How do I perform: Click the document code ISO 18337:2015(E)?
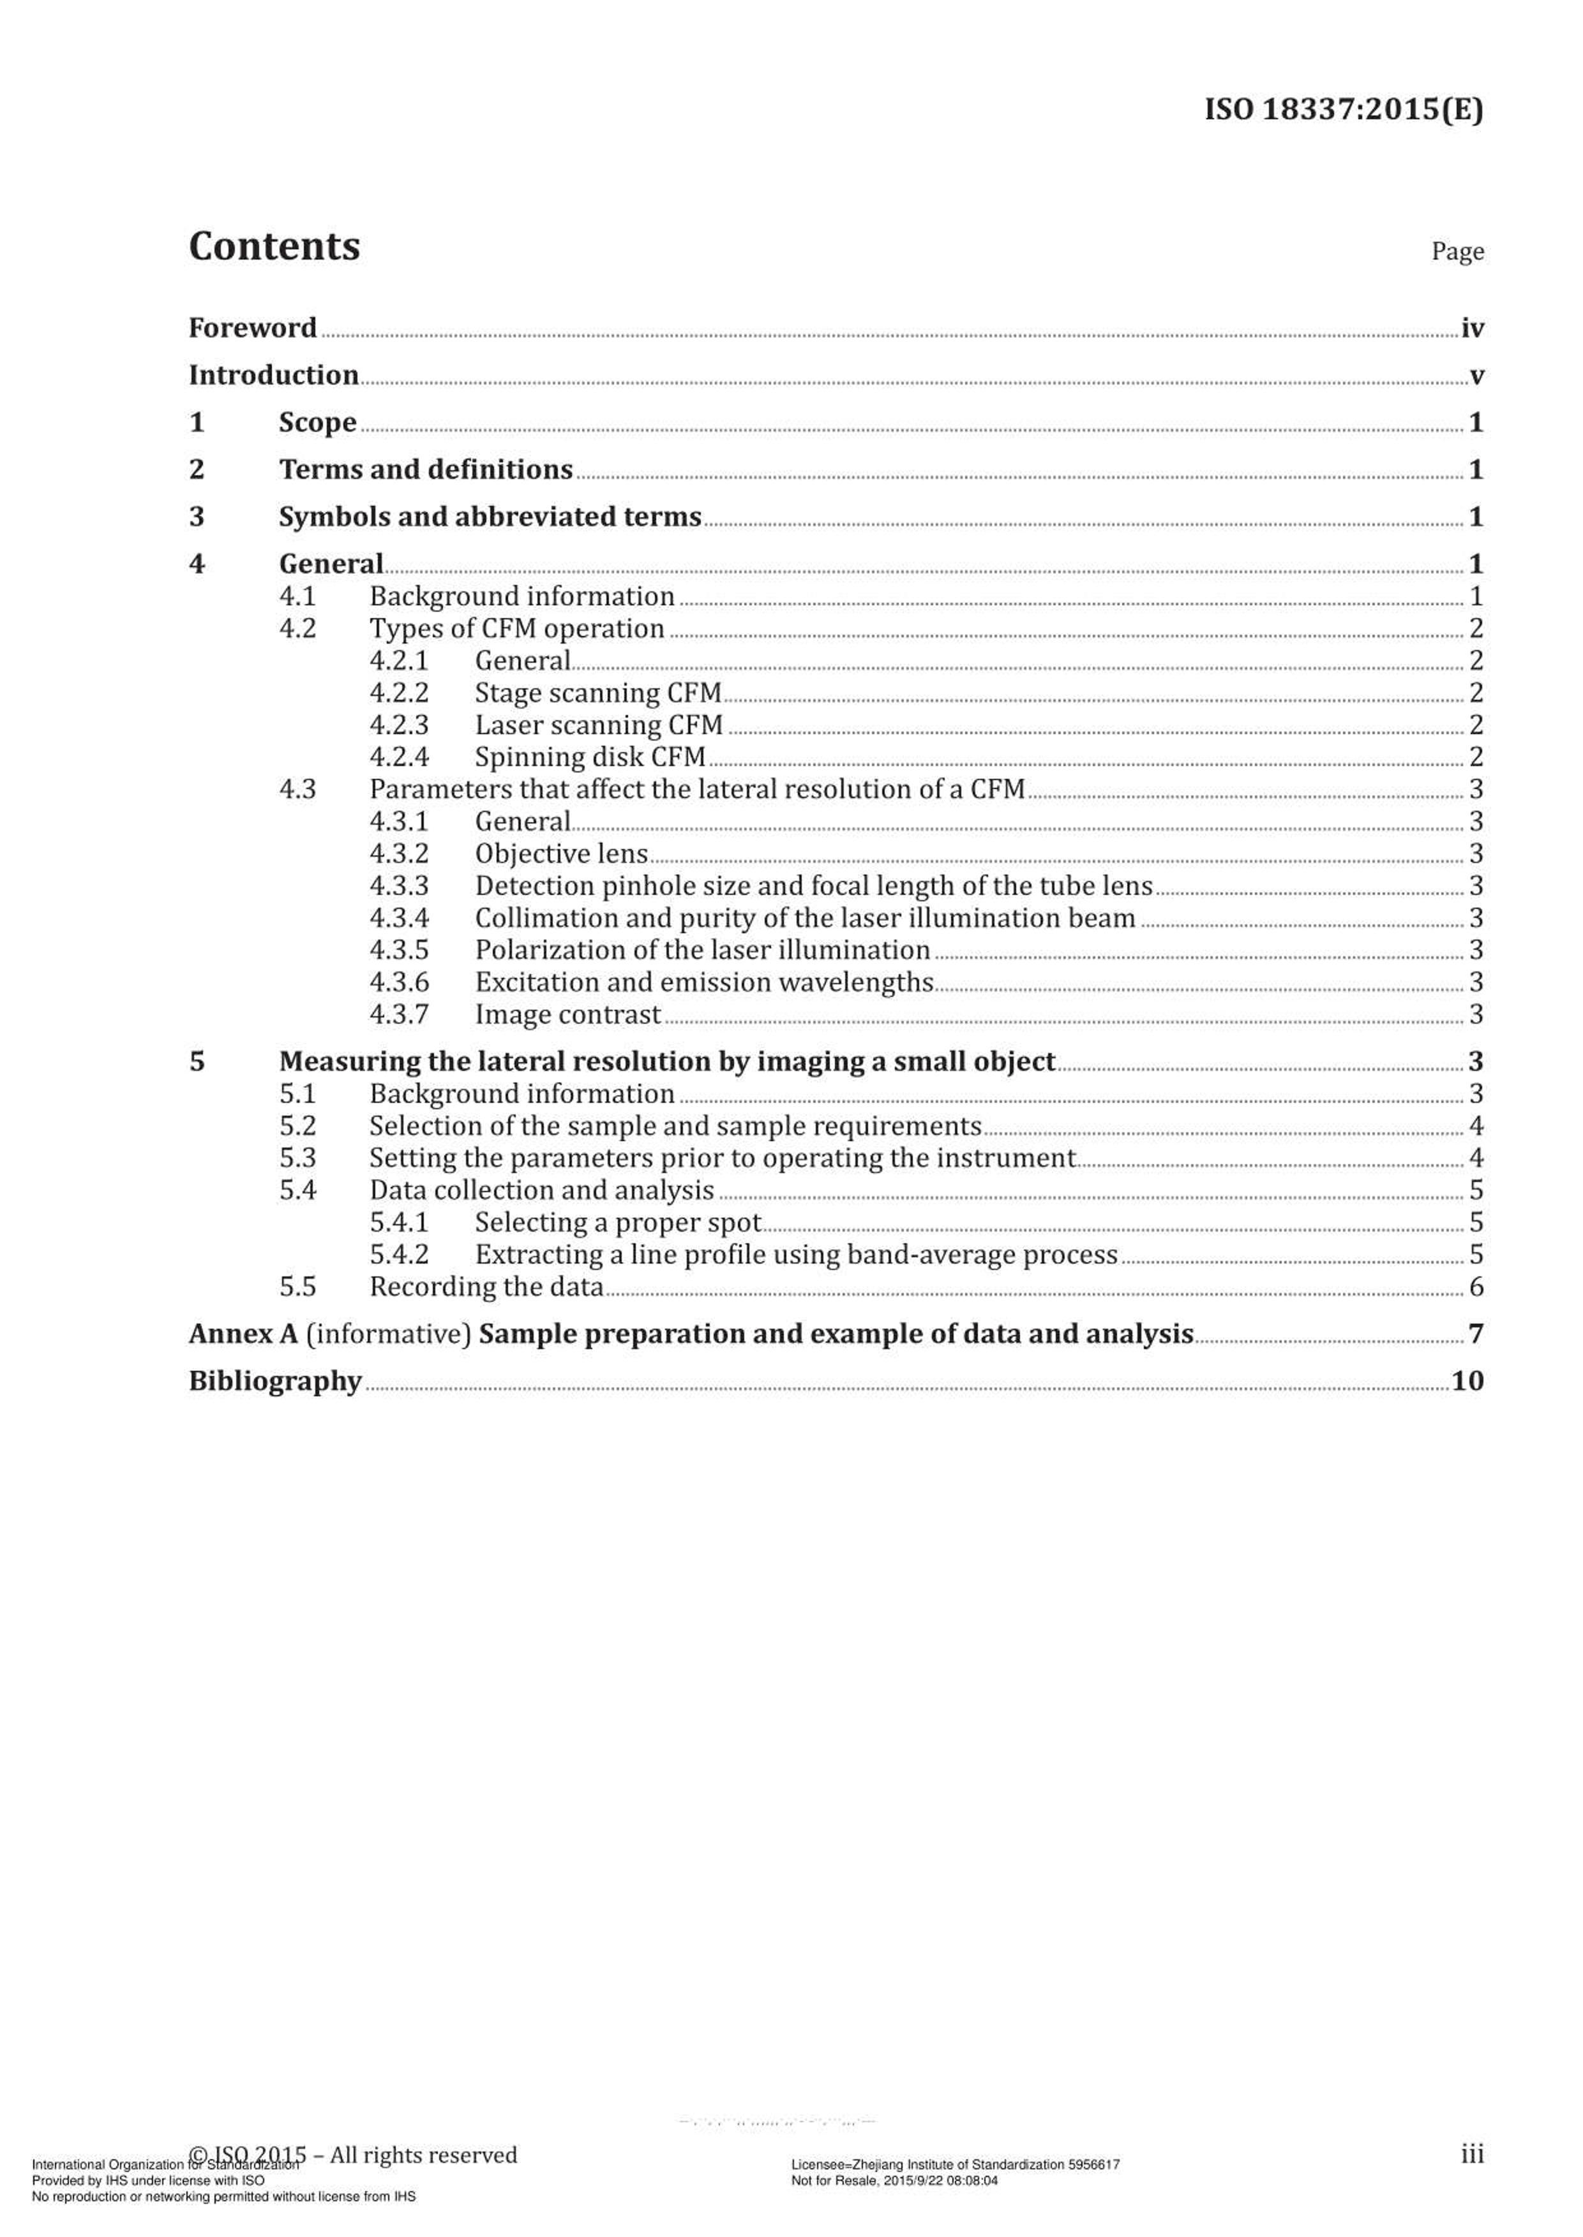[1343, 109]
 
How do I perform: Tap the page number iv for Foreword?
[1472, 329]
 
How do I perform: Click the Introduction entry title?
[273, 375]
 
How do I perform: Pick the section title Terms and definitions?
[426, 469]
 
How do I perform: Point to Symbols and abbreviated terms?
[490, 517]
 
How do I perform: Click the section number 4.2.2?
[399, 693]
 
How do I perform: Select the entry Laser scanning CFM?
[599, 725]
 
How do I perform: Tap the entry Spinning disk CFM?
[590, 757]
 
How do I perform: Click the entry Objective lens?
[562, 853]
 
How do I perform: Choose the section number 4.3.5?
[399, 950]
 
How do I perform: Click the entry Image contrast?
[567, 1014]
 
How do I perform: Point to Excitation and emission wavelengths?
[704, 982]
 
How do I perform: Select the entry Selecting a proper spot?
[617, 1223]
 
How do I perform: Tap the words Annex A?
[243, 1334]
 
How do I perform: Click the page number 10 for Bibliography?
[1467, 1382]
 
